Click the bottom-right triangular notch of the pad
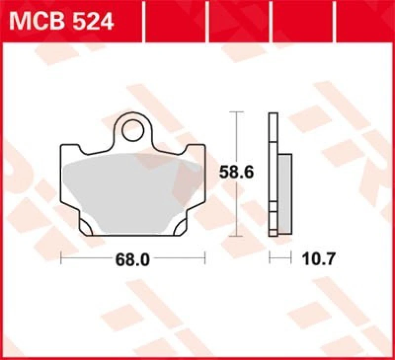[178, 228]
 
